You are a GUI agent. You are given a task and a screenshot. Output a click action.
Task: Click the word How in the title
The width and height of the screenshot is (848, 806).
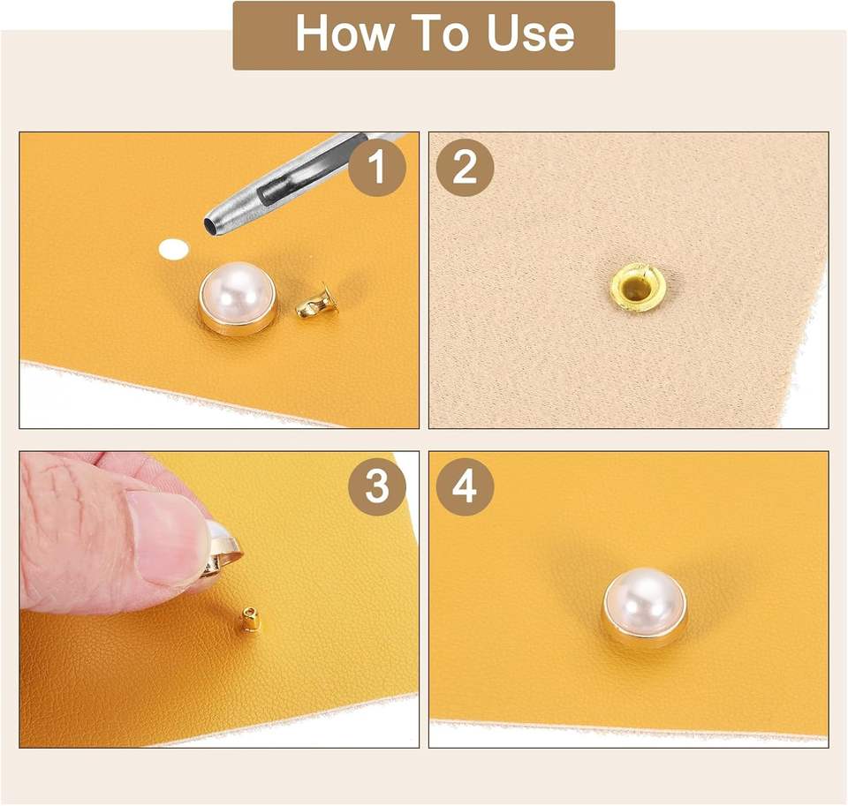[344, 34]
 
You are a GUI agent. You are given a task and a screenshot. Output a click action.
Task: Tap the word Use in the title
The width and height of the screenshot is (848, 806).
[529, 34]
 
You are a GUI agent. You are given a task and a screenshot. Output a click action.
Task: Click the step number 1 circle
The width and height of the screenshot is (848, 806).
[377, 167]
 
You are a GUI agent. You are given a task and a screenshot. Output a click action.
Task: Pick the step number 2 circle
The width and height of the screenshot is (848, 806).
[466, 167]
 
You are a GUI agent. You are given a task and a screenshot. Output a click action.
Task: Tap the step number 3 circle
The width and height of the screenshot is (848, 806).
[377, 486]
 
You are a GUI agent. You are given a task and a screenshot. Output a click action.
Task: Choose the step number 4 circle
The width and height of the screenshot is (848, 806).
[466, 486]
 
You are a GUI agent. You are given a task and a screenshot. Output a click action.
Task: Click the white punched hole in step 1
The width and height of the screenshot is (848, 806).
[174, 249]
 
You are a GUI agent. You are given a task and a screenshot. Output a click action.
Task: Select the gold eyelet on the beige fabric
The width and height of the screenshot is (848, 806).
[637, 288]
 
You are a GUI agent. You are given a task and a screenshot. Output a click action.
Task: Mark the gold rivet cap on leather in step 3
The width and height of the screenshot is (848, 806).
[250, 619]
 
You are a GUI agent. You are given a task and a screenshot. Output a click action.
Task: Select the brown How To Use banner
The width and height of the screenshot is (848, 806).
[424, 35]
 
